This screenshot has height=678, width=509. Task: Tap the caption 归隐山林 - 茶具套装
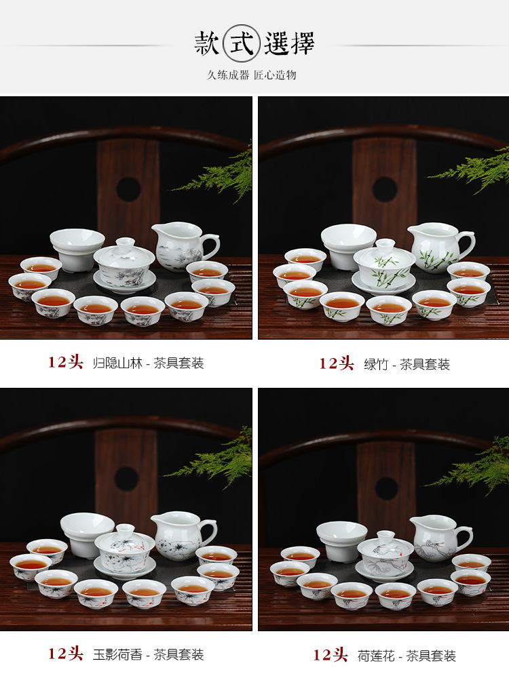pos(148,363)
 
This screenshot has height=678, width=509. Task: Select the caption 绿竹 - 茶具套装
pos(415,364)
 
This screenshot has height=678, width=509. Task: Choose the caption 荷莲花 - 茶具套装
pos(407,655)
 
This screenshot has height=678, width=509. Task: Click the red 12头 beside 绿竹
pos(337,363)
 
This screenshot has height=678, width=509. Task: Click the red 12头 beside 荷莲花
pos(330,655)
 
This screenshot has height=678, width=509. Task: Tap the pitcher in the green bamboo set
pos(438,248)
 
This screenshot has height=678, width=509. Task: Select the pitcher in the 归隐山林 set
pos(182,246)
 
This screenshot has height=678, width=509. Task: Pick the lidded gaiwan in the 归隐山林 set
pos(124,263)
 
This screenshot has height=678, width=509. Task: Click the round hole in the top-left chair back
pos(128,188)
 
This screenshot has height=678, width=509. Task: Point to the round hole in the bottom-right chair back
pos(387,488)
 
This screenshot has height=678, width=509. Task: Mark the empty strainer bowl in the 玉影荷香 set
pos(87,532)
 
